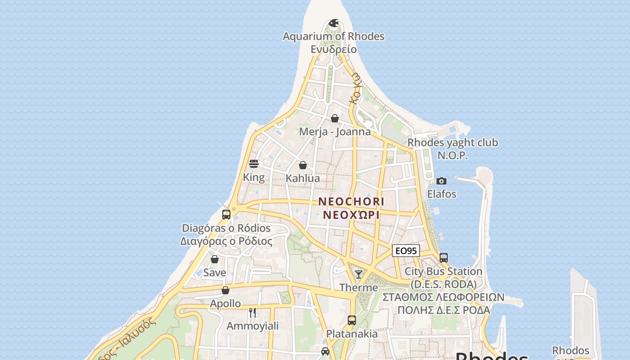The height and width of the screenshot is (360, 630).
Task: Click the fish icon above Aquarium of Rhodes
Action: pyautogui.click(x=333, y=23)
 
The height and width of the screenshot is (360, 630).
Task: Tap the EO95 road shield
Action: pyautogui.click(x=406, y=251)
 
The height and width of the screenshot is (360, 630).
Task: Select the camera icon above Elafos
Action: pyautogui.click(x=441, y=181)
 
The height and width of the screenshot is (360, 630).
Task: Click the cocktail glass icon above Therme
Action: pyautogui.click(x=359, y=274)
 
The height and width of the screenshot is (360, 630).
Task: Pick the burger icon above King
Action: pyautogui.click(x=254, y=164)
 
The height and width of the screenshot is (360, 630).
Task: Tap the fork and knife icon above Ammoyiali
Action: pyautogui.click(x=252, y=312)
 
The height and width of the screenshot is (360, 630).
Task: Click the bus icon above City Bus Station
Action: pyautogui.click(x=443, y=258)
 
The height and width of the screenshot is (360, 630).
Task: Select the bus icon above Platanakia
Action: pyautogui.click(x=352, y=320)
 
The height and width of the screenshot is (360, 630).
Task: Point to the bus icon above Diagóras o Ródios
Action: pyautogui.click(x=226, y=215)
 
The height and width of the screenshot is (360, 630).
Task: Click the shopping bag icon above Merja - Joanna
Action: pyautogui.click(x=335, y=118)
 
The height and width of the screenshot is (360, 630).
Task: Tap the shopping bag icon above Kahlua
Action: pyautogui.click(x=303, y=165)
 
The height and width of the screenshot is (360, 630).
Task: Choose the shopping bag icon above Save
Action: pyautogui.click(x=215, y=259)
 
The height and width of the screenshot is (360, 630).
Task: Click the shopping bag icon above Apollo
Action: pyautogui.click(x=225, y=290)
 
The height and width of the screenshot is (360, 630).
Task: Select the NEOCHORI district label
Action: pyautogui.click(x=351, y=202)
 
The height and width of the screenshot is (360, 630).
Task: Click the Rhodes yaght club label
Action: pyautogui.click(x=453, y=143)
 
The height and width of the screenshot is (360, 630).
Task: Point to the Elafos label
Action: pyautogui.click(x=441, y=194)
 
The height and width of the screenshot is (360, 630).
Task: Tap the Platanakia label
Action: pyautogui.click(x=352, y=334)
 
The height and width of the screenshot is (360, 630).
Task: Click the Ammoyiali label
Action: pyautogui.click(x=252, y=326)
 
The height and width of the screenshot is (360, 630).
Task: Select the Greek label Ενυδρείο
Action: pyautogui.click(x=333, y=49)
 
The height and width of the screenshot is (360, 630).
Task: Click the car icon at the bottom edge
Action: pyautogui.click(x=325, y=351)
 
